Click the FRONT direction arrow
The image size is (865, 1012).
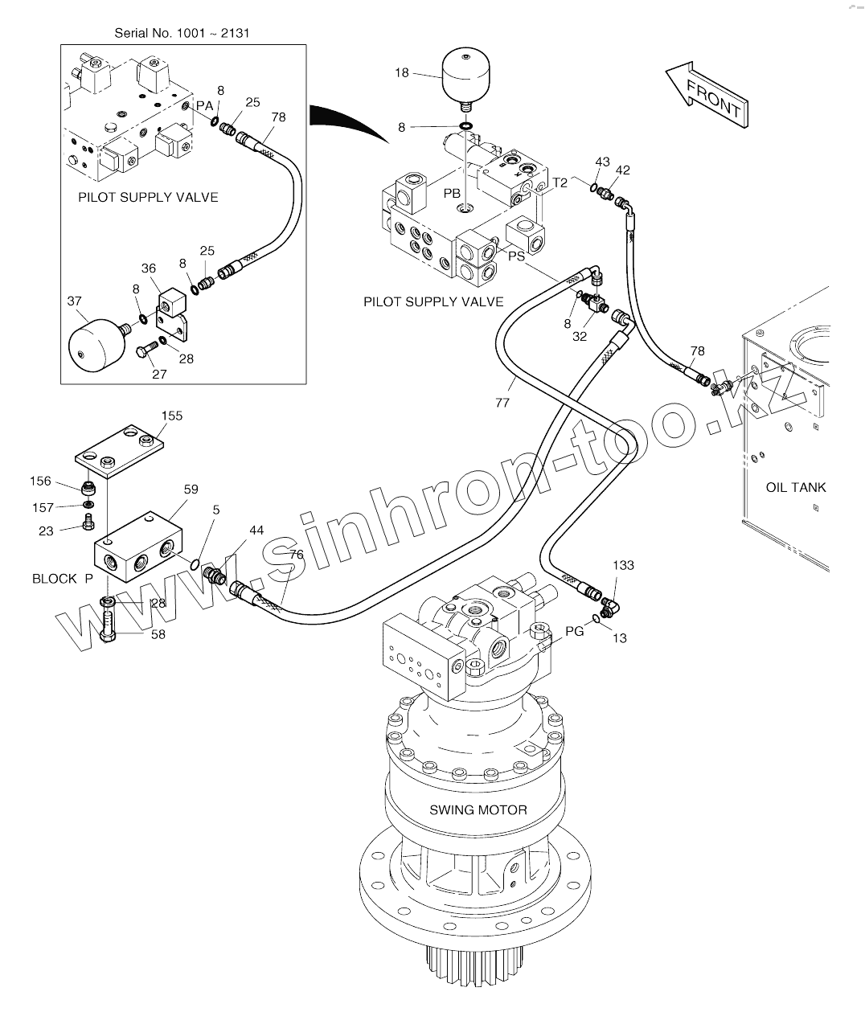click(707, 95)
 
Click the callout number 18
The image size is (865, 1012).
click(401, 73)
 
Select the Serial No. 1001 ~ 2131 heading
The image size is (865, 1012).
click(182, 33)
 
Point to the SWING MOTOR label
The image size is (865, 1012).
click(478, 809)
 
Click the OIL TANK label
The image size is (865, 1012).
click(796, 487)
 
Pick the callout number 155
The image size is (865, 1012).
click(172, 416)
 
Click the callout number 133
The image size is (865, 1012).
click(623, 565)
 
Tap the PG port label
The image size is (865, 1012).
click(575, 632)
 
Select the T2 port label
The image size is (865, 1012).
click(560, 182)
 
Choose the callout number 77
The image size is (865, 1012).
click(502, 403)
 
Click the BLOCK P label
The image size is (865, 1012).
click(62, 579)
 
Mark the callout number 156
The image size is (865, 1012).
click(40, 481)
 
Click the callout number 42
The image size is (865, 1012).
click(623, 170)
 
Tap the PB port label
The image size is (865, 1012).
click(452, 194)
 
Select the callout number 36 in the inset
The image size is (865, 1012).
click(149, 268)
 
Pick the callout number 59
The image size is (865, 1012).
click(191, 489)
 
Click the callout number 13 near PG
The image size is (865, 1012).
click(620, 638)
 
